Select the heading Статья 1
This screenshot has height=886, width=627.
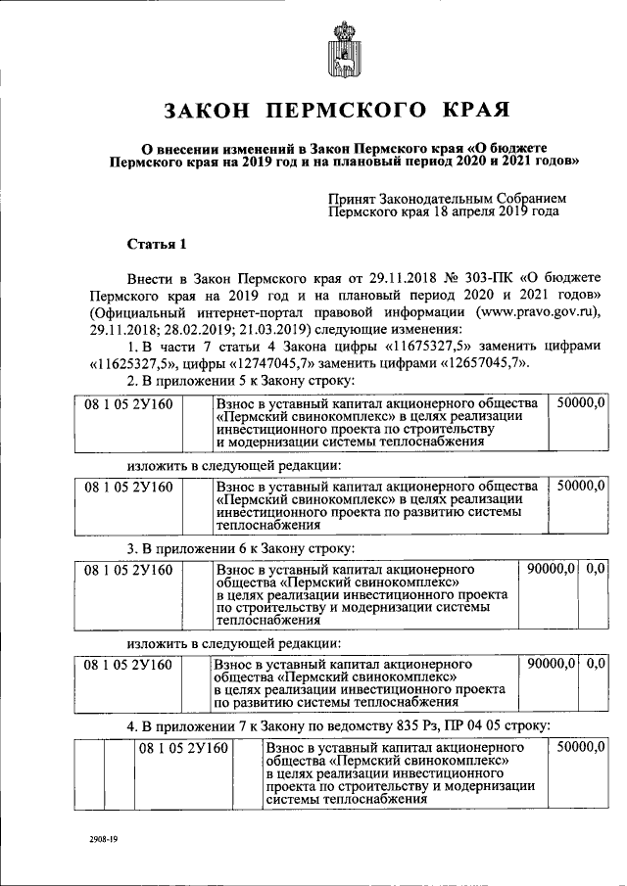tap(156, 242)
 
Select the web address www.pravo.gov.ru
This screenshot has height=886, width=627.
tap(525, 312)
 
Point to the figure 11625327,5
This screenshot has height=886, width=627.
tap(132, 364)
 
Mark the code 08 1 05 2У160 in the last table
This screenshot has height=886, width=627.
tap(182, 748)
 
